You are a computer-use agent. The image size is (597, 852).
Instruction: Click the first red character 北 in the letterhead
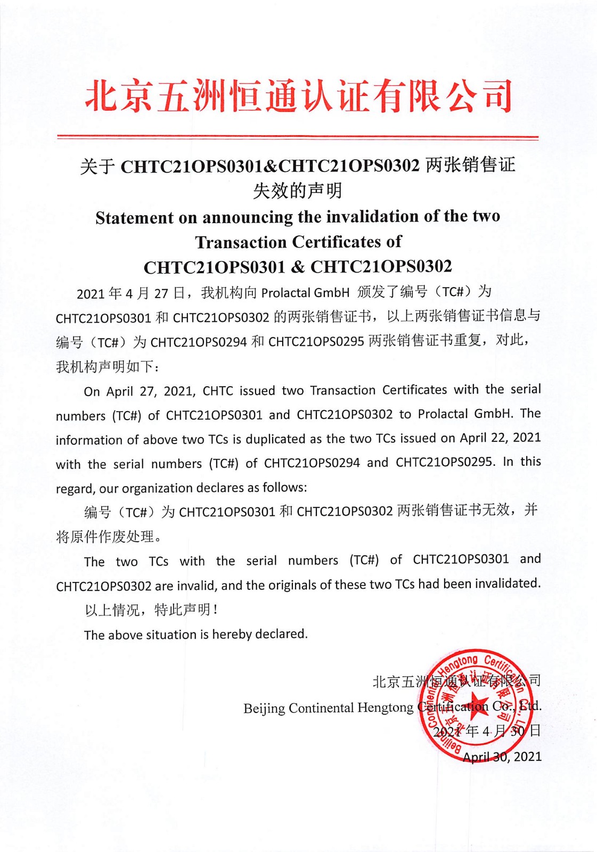pyautogui.click(x=102, y=96)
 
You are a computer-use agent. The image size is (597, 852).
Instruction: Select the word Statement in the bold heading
pyautogui.click(x=134, y=218)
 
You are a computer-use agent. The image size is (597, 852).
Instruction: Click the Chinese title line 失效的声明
pyautogui.click(x=297, y=191)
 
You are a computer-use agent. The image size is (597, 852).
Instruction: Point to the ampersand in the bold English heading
pyautogui.click(x=298, y=267)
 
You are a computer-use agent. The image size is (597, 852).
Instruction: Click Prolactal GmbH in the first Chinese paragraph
pyautogui.click(x=305, y=292)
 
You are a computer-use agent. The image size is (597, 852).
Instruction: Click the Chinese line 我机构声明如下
pyautogui.click(x=107, y=366)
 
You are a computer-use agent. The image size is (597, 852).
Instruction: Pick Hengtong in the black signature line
pyautogui.click(x=385, y=708)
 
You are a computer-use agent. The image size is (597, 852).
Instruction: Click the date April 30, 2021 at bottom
pyautogui.click(x=502, y=757)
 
